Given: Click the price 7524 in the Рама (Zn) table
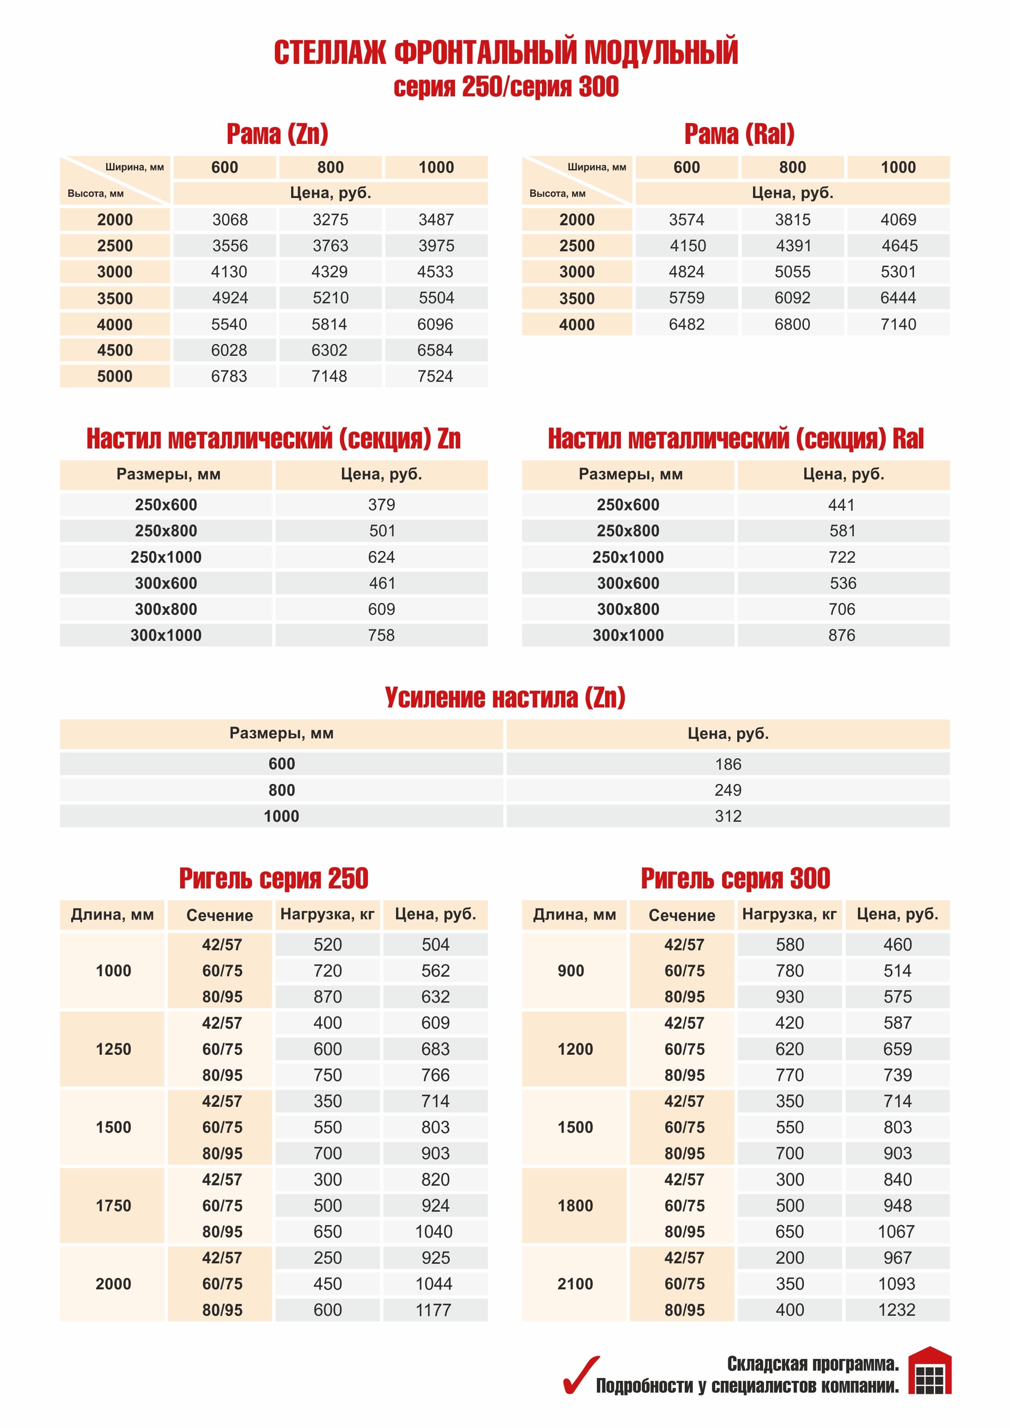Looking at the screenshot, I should pyautogui.click(x=435, y=376).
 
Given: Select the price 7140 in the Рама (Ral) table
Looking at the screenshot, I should pyautogui.click(x=898, y=324).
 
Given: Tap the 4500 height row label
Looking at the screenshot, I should pyautogui.click(x=115, y=350).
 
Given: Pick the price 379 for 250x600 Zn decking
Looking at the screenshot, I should pyautogui.click(x=381, y=505).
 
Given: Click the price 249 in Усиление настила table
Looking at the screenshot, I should pyautogui.click(x=728, y=790).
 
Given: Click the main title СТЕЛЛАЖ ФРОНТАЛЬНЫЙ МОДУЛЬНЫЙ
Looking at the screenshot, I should pyautogui.click(x=506, y=52).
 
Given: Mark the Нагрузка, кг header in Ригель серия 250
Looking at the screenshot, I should pyautogui.click(x=327, y=914).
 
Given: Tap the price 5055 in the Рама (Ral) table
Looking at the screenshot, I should pyautogui.click(x=792, y=272).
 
